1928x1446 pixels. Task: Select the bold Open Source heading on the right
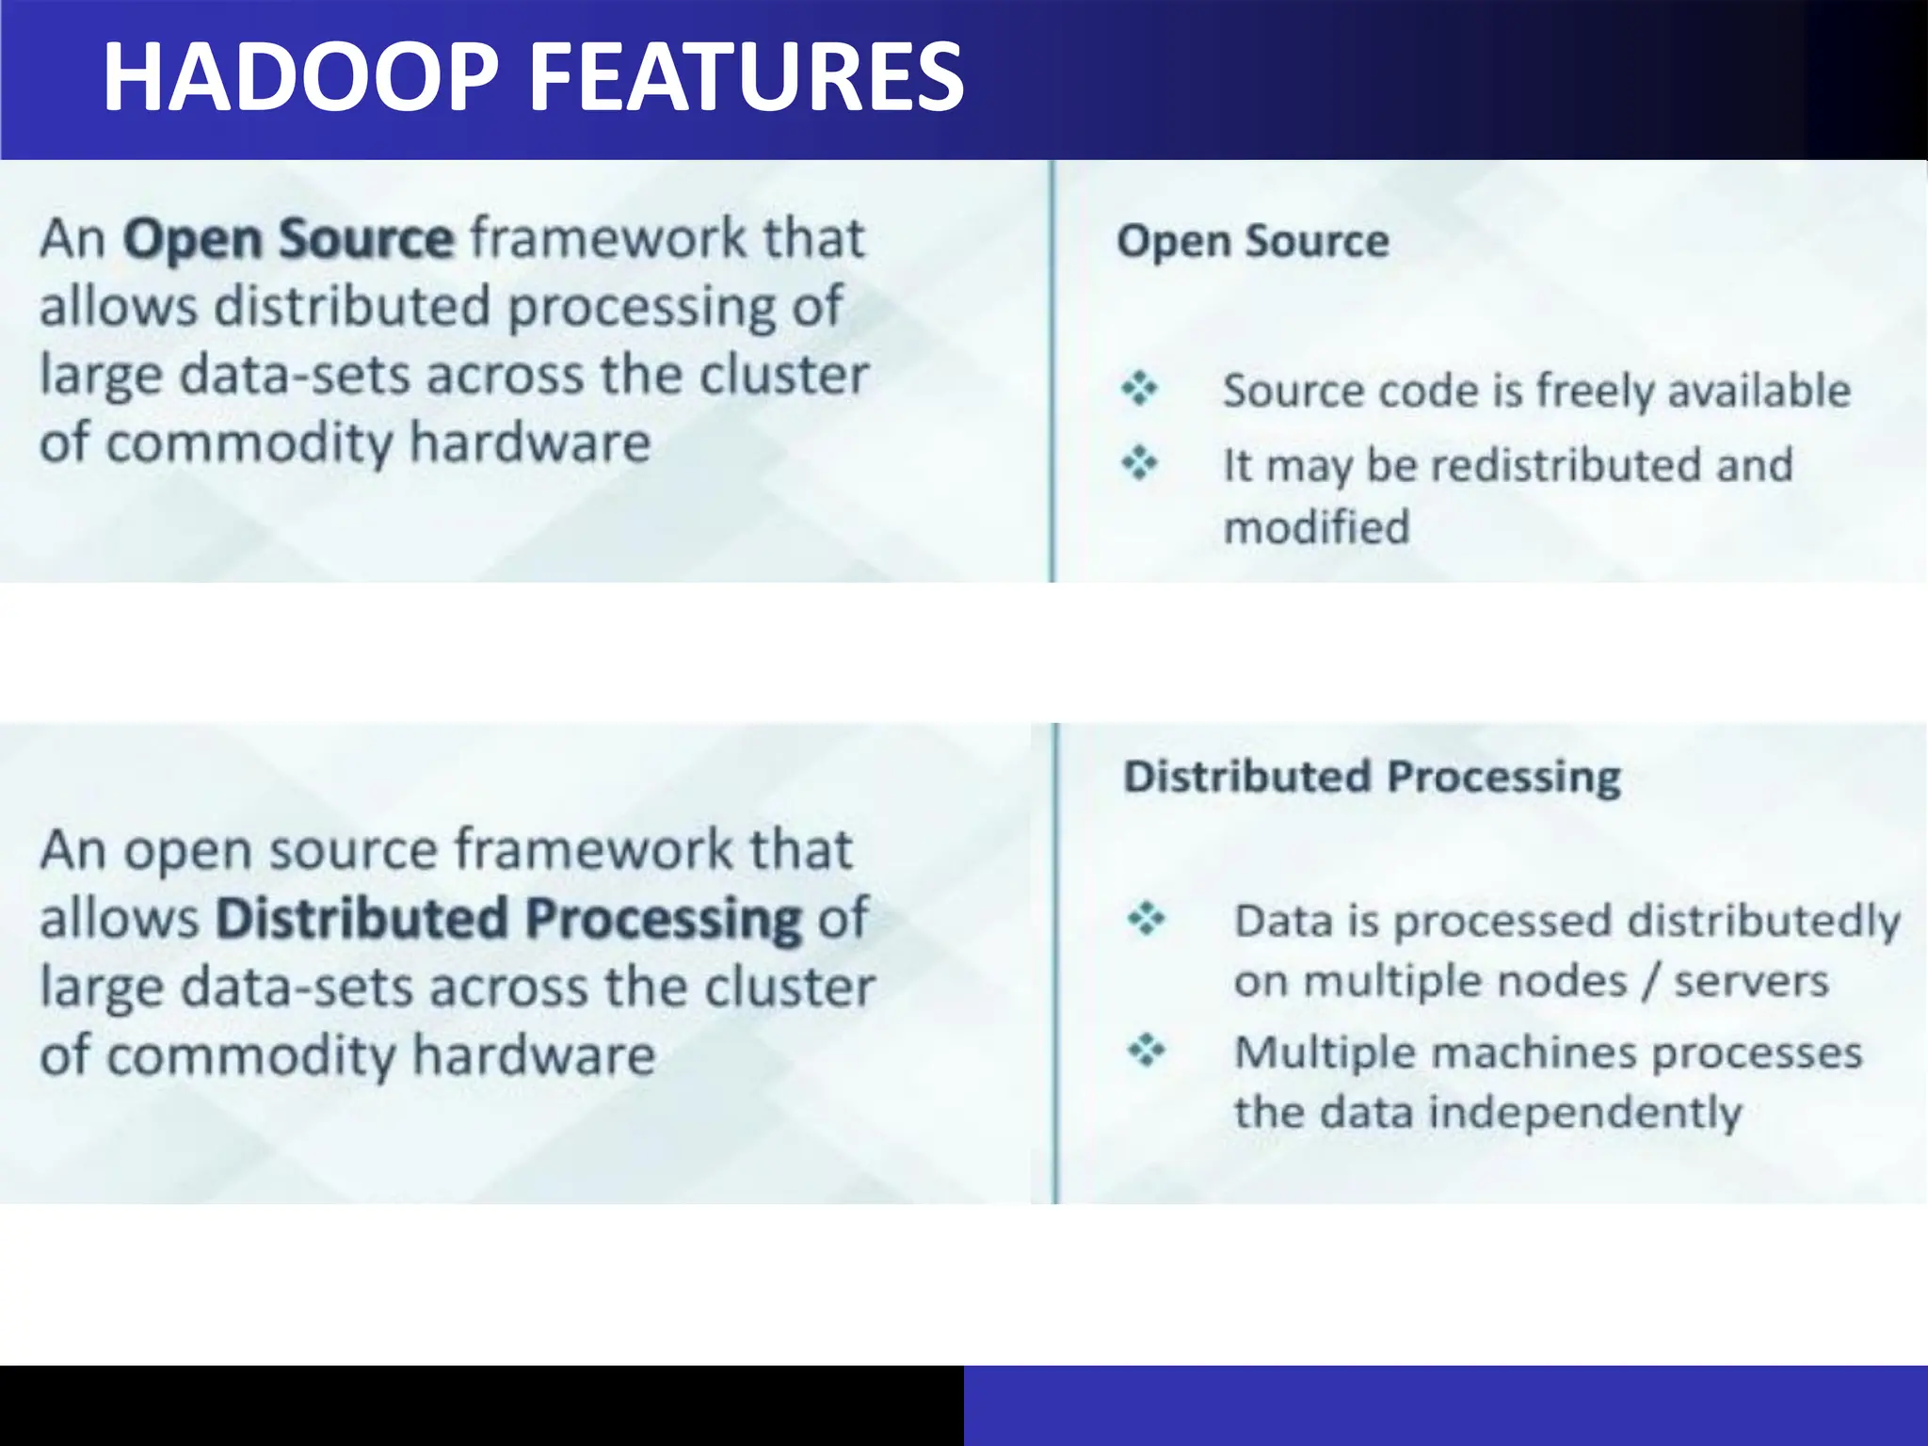pos(1252,241)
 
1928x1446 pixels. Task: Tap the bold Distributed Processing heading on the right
pos(1372,778)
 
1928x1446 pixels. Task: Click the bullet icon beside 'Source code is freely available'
pos(1139,388)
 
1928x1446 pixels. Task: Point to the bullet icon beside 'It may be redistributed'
pos(1139,462)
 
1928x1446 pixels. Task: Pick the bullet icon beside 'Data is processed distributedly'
pos(1146,918)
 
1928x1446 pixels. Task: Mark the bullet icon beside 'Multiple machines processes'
pos(1146,1049)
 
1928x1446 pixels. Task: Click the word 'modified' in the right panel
pos(1316,527)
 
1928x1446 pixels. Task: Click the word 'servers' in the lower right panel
pos(1751,982)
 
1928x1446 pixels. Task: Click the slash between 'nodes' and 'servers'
pos(1650,982)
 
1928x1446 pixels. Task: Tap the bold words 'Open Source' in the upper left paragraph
pos(289,239)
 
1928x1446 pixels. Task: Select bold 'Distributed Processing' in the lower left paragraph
pos(508,919)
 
